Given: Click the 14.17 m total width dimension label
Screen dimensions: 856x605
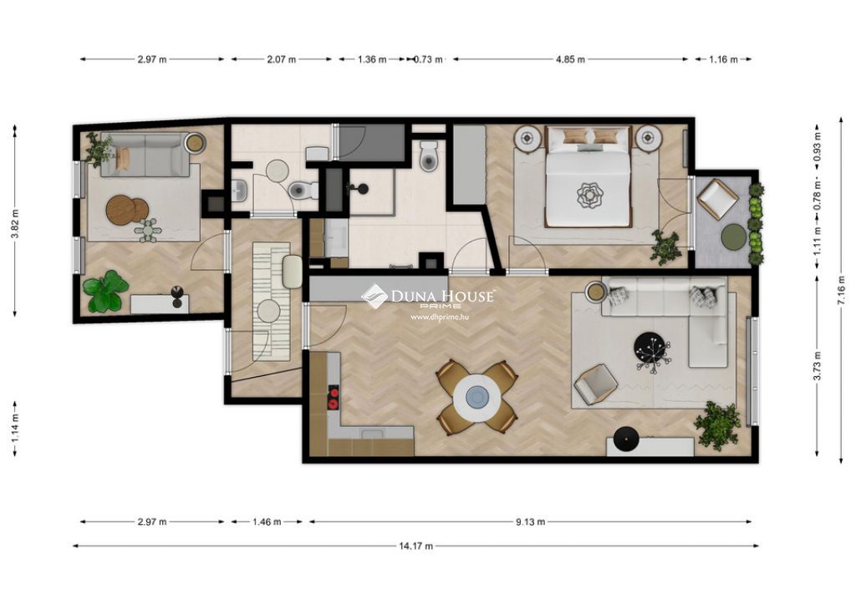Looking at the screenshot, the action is tap(416, 546).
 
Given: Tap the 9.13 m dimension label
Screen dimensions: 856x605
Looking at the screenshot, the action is tap(531, 521).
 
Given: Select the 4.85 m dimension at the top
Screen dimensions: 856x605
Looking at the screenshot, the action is tap(570, 59).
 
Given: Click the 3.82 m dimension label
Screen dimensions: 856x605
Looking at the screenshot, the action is tap(15, 224).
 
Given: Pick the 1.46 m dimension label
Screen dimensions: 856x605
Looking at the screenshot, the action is tap(267, 522).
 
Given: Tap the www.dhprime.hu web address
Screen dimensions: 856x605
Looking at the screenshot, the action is tap(440, 317).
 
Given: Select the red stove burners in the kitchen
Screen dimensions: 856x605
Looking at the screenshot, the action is tap(333, 398).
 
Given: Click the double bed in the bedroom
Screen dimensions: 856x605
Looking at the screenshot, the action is tap(588, 178).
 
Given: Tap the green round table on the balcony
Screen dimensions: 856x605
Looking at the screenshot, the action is tap(734, 236).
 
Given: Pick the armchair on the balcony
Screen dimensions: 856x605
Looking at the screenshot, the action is tap(717, 199).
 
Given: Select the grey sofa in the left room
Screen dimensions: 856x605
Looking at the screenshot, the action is tap(145, 155).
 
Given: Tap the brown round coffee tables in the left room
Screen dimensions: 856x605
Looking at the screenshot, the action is tap(127, 210).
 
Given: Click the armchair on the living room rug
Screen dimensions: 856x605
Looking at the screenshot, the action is tap(595, 384).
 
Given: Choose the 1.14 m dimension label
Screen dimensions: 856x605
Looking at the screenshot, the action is tap(15, 428).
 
